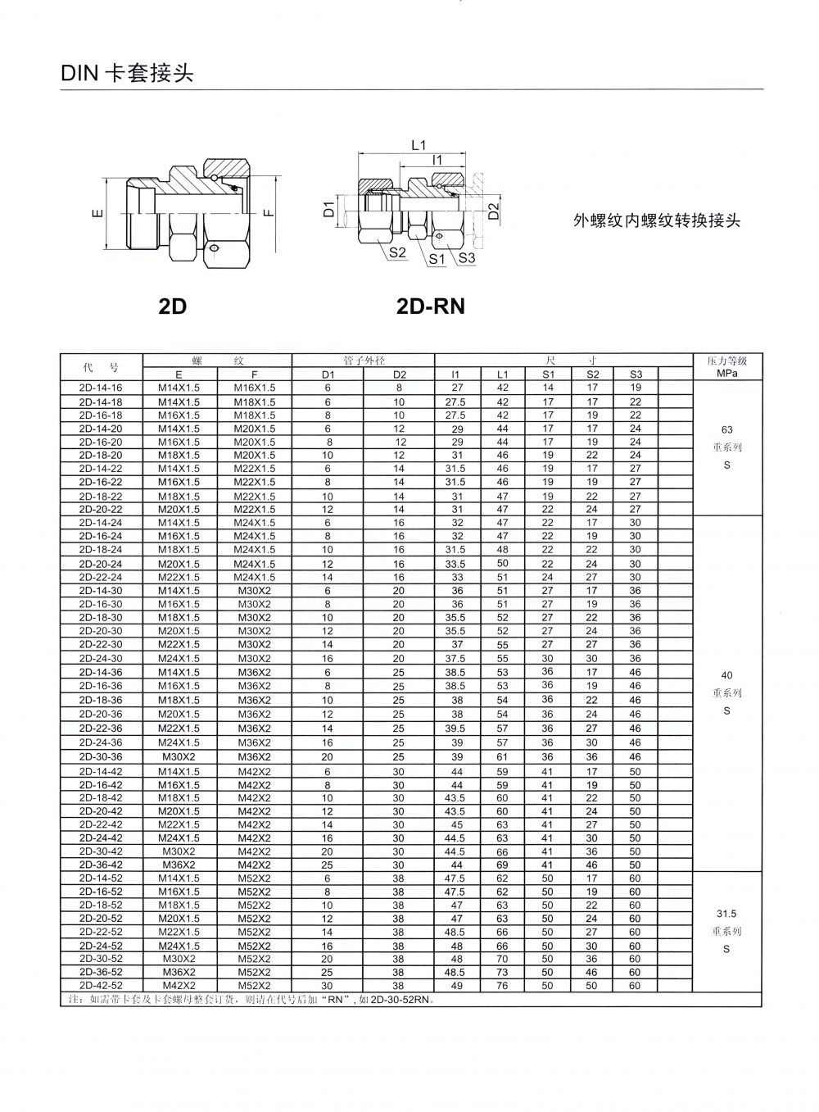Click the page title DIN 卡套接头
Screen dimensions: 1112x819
126,74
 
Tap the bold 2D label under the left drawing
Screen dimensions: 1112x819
173,306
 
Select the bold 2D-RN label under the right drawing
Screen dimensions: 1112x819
430,306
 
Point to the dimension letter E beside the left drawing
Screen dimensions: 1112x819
98,215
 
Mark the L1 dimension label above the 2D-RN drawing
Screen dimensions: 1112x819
419,145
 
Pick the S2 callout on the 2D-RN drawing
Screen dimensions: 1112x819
397,253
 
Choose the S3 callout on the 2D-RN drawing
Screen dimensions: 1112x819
467,258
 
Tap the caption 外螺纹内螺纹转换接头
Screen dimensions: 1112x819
657,220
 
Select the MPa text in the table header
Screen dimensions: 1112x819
727,374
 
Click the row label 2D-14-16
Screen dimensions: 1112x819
101,388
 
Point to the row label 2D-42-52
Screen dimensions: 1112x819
101,986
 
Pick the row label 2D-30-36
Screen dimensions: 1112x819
101,756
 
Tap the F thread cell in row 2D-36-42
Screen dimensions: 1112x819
255,865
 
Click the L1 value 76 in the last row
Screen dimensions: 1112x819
503,986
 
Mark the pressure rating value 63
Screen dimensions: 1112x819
727,429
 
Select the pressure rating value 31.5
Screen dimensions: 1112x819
727,913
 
